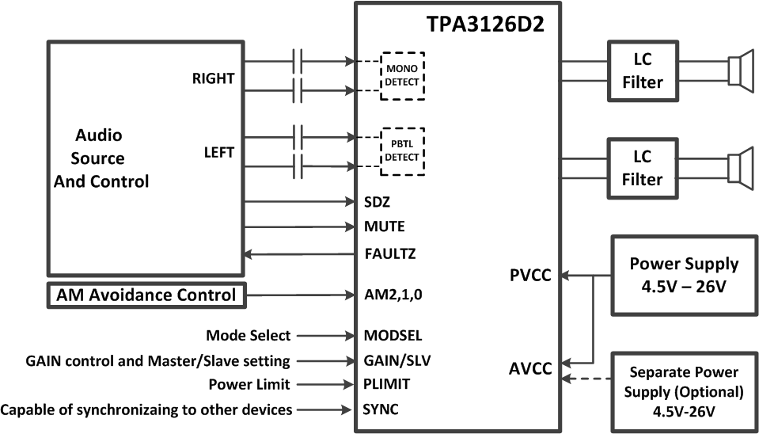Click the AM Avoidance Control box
pyautogui.click(x=147, y=295)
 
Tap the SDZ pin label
pyautogui.click(x=377, y=202)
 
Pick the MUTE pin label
pyautogui.click(x=384, y=227)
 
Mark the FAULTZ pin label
pyautogui.click(x=389, y=255)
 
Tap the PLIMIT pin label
pyautogui.click(x=387, y=385)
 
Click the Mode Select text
pyautogui.click(x=248, y=336)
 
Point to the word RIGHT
pyautogui.click(x=213, y=78)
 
